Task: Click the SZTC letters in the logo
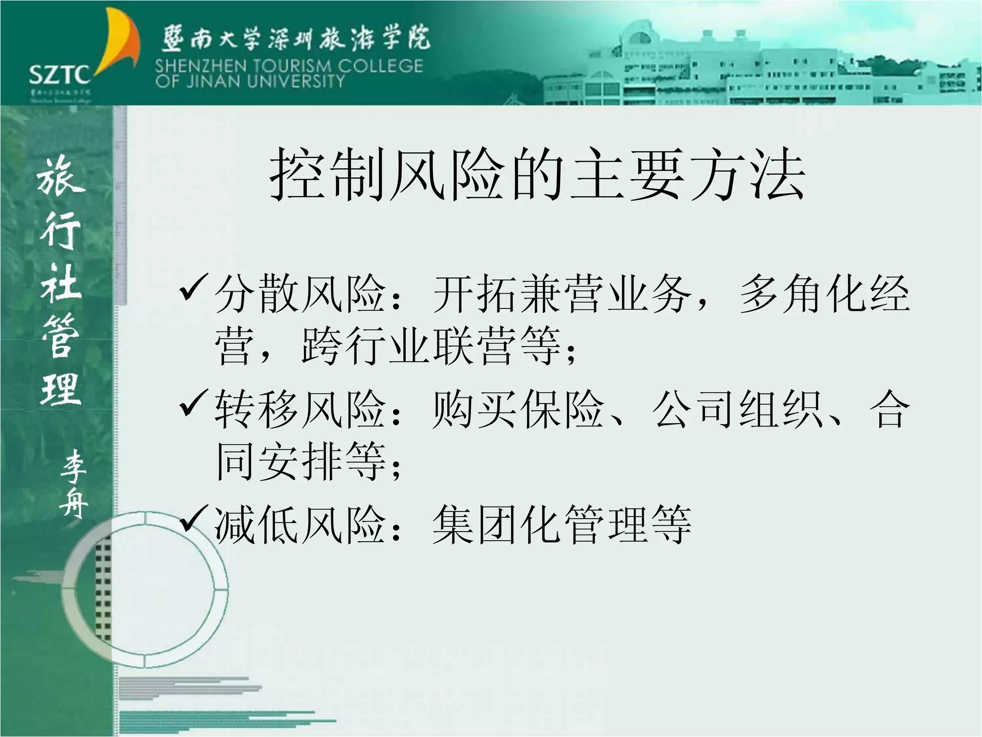[x=59, y=75]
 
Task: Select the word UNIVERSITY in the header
[x=296, y=81]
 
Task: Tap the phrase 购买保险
[x=518, y=409]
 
